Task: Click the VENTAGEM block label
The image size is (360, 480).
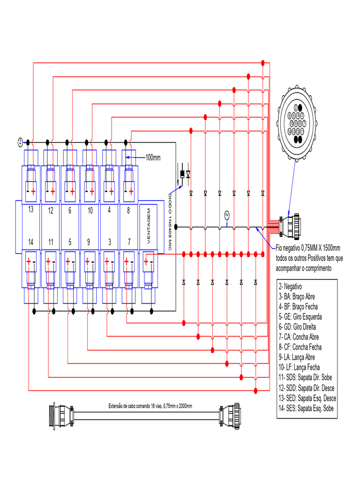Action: [149, 226]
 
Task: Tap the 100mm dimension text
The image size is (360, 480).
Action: [153, 157]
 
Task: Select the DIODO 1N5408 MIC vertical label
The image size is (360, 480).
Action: [171, 220]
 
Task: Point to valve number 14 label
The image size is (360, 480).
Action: [30, 242]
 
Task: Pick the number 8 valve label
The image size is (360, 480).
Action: [128, 210]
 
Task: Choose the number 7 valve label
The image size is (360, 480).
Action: [128, 242]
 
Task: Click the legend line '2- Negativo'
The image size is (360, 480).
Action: [290, 286]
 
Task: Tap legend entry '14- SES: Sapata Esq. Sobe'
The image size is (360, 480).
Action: [307, 408]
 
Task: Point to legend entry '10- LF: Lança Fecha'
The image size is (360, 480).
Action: [299, 367]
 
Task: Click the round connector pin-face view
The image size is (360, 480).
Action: [297, 123]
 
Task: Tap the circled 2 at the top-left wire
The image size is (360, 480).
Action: [20, 142]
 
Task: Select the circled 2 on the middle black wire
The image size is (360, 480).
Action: [227, 215]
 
